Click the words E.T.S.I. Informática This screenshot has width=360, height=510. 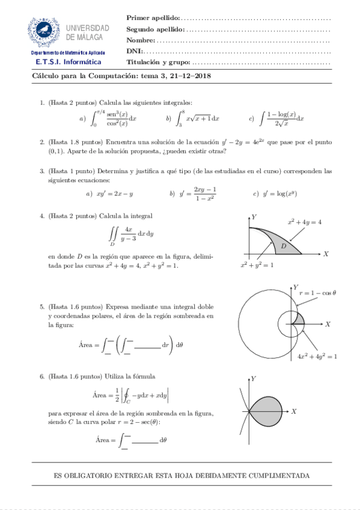point(68,62)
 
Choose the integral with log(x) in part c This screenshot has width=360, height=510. point(279,118)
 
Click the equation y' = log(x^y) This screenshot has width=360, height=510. point(279,194)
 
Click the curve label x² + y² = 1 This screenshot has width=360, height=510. point(257,265)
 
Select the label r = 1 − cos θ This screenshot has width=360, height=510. point(317,293)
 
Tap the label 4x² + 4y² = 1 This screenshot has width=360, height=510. point(317,356)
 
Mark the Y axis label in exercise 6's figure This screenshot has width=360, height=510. point(254,378)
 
